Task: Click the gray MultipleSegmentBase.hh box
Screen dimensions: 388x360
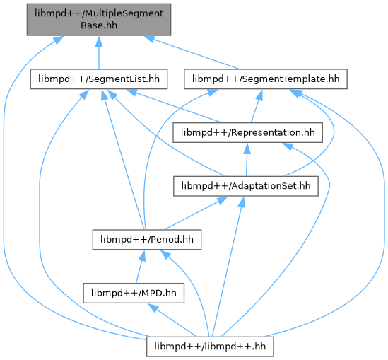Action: (x=99, y=19)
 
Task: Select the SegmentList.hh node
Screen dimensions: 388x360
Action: (x=99, y=79)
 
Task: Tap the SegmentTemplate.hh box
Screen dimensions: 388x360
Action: (x=266, y=79)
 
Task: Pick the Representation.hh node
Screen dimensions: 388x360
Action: (x=247, y=132)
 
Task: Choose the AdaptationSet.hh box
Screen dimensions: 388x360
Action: (x=246, y=186)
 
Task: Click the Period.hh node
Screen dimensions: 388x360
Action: (x=147, y=240)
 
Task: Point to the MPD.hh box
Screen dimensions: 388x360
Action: (x=134, y=293)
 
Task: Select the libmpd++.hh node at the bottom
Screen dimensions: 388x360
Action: (x=210, y=347)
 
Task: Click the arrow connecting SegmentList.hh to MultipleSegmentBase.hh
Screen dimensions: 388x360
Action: (x=99, y=52)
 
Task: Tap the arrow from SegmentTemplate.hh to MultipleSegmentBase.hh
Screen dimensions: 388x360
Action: (x=191, y=52)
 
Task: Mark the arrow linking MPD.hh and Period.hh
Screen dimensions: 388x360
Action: (x=140, y=267)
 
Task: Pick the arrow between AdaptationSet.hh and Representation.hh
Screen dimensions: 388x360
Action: (x=247, y=159)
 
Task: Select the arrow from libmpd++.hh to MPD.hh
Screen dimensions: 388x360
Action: (x=172, y=320)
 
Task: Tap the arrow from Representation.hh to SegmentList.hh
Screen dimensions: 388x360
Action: (x=173, y=106)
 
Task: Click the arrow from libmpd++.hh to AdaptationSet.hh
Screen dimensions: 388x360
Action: (x=228, y=267)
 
